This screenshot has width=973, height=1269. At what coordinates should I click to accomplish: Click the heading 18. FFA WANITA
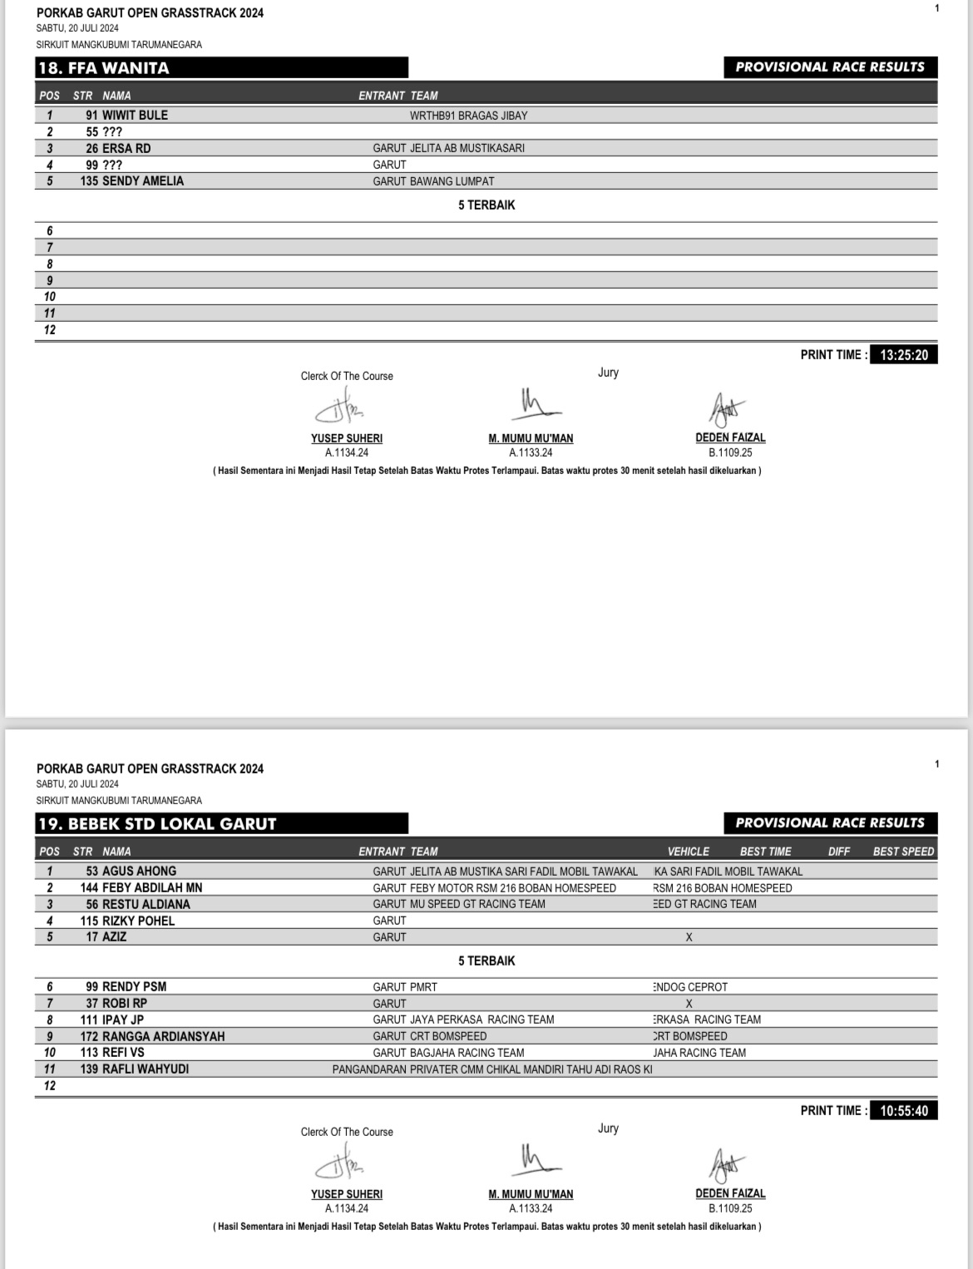pos(104,68)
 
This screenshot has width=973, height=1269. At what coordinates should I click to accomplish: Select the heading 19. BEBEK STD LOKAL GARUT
pos(157,824)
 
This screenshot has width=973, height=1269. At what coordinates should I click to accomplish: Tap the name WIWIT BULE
pos(135,116)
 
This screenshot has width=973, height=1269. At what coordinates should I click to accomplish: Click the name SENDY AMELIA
pos(143,181)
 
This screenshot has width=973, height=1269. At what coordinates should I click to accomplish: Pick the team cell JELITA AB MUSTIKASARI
pos(467,148)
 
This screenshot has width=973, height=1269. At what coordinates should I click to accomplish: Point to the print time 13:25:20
pos(904,355)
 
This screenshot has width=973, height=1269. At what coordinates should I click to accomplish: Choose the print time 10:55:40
pos(904,1111)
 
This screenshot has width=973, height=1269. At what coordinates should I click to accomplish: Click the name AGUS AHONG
pos(139,872)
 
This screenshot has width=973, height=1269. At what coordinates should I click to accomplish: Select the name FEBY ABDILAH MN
pos(152,888)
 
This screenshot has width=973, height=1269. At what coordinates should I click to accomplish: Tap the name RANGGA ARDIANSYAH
pos(163,1036)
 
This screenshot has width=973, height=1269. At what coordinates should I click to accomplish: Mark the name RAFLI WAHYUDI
pos(146,1069)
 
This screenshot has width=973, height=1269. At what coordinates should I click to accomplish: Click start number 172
pos(89,1036)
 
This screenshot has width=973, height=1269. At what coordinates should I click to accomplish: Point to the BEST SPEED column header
pos(903,852)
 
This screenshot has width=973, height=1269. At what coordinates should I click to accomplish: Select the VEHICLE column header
pos(689,852)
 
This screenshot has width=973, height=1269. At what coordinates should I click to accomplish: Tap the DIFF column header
pos(839,852)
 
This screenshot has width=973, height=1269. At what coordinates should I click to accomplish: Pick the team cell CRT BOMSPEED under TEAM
pos(448,1036)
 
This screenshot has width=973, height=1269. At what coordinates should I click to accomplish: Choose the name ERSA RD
pos(126,148)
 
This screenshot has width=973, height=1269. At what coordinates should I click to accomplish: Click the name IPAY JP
pos(123,1020)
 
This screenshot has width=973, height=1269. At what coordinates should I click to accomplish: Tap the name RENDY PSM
pos(134,987)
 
